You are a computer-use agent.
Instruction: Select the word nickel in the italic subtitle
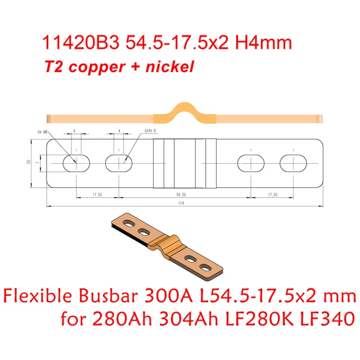coord(171,67)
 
